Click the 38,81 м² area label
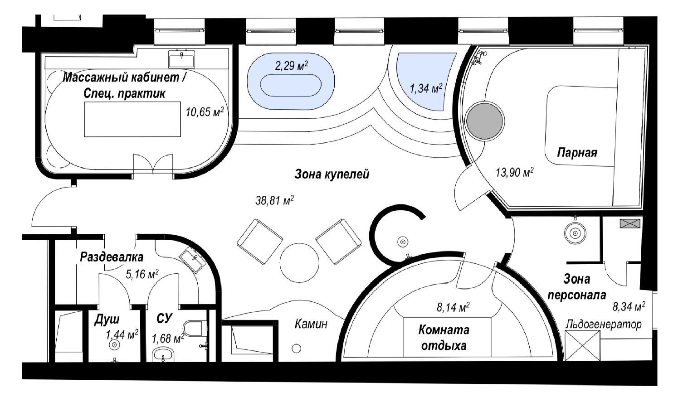coord(274,200)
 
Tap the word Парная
coord(577,152)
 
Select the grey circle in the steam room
coord(484,121)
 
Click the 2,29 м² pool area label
coord(291,66)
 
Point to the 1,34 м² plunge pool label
coord(426,89)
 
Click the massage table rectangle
coord(132,119)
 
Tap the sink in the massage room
coord(181,59)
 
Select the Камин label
coord(311,324)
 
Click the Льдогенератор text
coord(604,325)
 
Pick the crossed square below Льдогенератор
coord(582,346)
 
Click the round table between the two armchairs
coord(299,263)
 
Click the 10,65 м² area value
coord(205,112)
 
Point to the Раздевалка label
coord(112,257)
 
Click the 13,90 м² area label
coord(514,173)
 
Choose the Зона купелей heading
coord(332,174)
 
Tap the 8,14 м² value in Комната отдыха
coord(453,307)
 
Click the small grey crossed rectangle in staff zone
coord(630,224)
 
